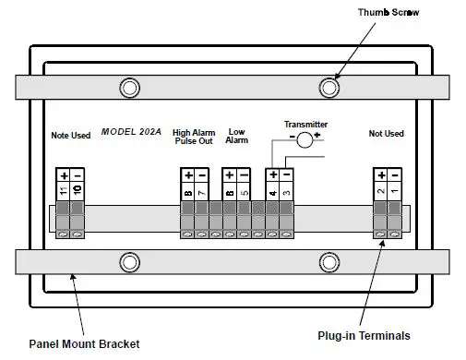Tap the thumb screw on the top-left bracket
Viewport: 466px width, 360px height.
(130, 89)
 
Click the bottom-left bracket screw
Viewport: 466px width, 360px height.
(130, 259)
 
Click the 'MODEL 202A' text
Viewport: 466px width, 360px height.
(130, 133)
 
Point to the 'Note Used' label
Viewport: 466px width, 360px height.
(70, 136)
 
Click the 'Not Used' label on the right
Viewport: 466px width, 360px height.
(386, 134)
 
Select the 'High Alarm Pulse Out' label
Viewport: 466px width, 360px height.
(195, 138)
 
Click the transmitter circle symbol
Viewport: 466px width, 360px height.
(304, 136)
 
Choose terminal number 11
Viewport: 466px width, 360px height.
(64, 190)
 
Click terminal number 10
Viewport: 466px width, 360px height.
(78, 190)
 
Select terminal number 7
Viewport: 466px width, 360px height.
(202, 190)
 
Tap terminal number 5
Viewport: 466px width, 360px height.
(244, 190)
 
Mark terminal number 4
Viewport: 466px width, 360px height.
(272, 190)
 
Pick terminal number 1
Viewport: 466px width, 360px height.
(394, 190)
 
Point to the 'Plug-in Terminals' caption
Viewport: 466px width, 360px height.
(364, 335)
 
